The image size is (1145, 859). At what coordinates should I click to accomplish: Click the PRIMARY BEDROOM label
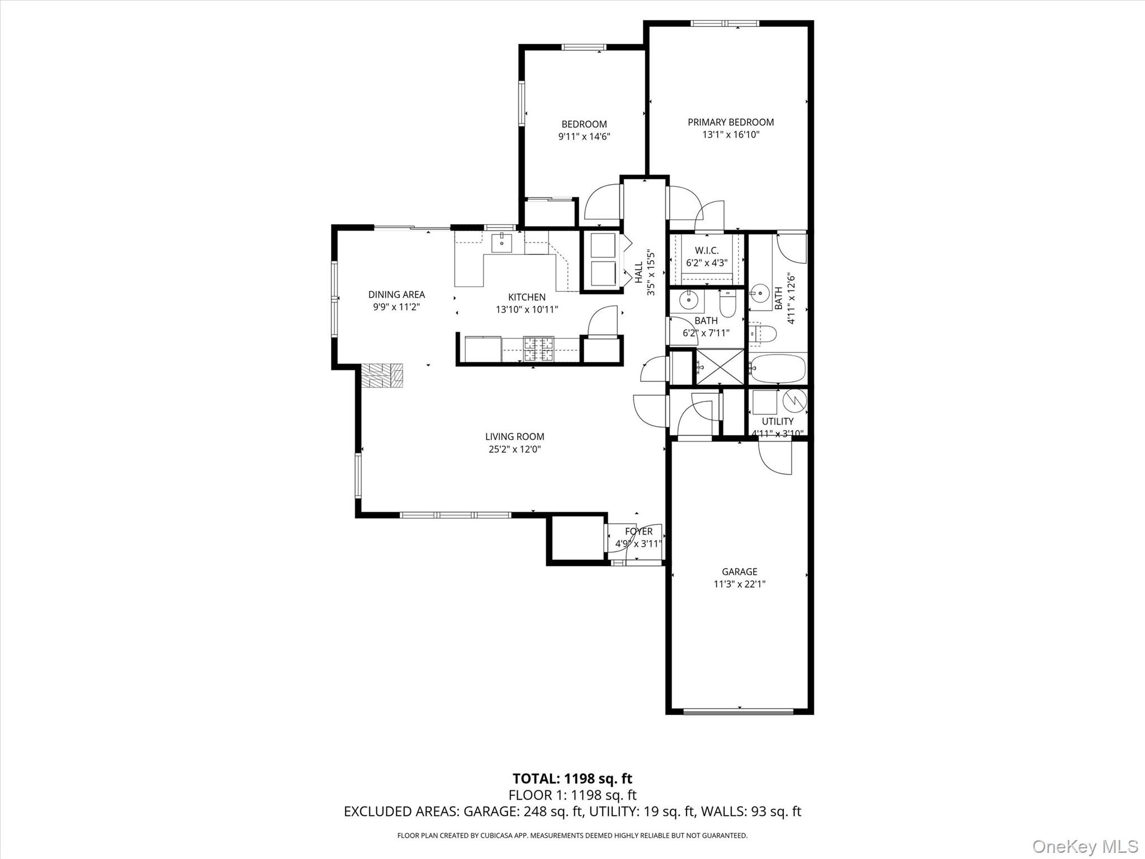(730, 122)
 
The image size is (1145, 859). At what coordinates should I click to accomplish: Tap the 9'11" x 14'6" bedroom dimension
(584, 136)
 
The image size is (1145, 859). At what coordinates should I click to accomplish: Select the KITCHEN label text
(526, 297)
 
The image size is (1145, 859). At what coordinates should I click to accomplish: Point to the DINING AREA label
(396, 294)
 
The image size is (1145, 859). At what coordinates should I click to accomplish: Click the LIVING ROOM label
(514, 436)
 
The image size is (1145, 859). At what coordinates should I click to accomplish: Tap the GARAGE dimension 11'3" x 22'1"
(739, 584)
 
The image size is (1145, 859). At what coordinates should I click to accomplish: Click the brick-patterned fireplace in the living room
(381, 375)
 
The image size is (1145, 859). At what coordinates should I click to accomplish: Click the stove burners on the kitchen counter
(538, 349)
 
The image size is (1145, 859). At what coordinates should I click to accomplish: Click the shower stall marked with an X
(720, 367)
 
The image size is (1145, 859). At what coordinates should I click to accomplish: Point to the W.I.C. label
(707, 251)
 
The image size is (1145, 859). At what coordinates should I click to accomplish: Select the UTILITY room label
(777, 421)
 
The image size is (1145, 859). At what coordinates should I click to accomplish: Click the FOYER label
(638, 531)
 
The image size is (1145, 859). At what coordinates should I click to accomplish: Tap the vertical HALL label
(638, 272)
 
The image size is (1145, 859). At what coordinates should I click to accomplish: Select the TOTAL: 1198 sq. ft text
(572, 778)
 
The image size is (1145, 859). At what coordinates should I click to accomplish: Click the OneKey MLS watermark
(1085, 846)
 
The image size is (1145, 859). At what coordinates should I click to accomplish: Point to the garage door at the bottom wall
(739, 711)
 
